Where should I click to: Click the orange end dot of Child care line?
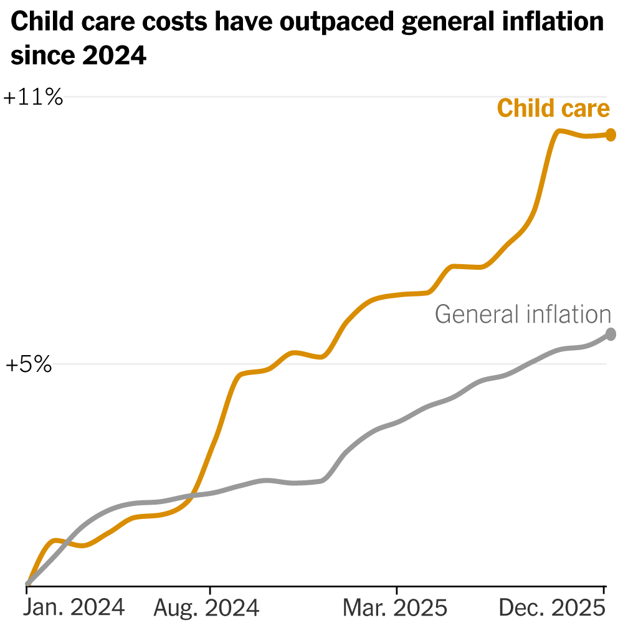(x=611, y=135)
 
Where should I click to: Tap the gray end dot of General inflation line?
(x=611, y=335)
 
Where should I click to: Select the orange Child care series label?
(x=553, y=108)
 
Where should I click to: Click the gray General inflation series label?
(x=523, y=314)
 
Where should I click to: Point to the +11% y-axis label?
(x=34, y=98)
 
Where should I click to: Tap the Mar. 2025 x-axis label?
(x=396, y=606)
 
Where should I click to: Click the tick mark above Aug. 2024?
(x=210, y=590)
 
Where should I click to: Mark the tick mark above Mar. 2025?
(x=396, y=590)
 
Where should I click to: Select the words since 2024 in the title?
(x=78, y=56)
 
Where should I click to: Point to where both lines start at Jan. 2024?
(x=27, y=584)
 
